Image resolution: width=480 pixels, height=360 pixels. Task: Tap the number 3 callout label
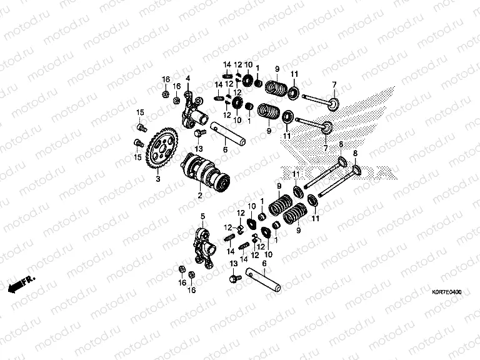click(157, 179)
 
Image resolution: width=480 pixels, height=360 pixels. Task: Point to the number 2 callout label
click(200, 196)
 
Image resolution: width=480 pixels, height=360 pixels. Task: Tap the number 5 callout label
click(202, 216)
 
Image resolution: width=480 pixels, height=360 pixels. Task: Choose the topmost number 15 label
click(141, 112)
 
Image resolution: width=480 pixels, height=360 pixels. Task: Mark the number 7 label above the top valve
click(334, 85)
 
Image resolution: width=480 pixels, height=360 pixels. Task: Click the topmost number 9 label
click(276, 69)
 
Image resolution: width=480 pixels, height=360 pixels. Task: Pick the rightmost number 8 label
click(356, 153)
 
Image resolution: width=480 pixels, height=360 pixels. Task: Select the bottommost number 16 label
click(192, 291)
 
